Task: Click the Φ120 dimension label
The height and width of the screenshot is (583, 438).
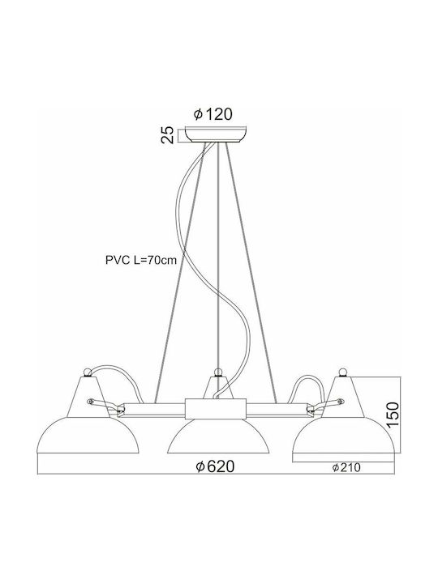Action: pyautogui.click(x=213, y=114)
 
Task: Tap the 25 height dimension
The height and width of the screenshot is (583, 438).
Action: pyautogui.click(x=168, y=135)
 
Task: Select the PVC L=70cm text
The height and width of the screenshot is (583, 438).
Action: pyautogui.click(x=141, y=260)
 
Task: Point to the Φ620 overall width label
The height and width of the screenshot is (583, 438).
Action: pyautogui.click(x=215, y=466)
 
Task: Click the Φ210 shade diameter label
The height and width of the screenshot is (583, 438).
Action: pyautogui.click(x=346, y=467)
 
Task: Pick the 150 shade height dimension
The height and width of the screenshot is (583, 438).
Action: pyautogui.click(x=393, y=415)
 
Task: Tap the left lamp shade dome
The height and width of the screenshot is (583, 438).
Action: pyautogui.click(x=88, y=435)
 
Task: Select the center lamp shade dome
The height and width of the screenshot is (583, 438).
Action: pyautogui.click(x=218, y=436)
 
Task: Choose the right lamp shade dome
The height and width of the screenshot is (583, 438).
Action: pyautogui.click(x=343, y=435)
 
